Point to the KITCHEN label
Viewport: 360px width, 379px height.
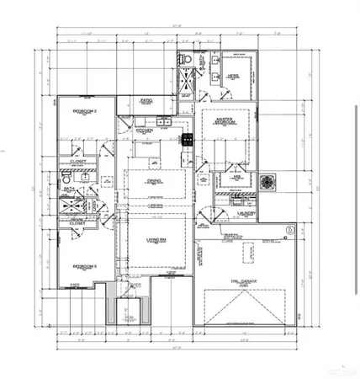[x=143, y=131]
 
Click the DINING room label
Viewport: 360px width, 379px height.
[x=155, y=180]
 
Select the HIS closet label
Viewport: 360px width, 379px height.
[x=238, y=178]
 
